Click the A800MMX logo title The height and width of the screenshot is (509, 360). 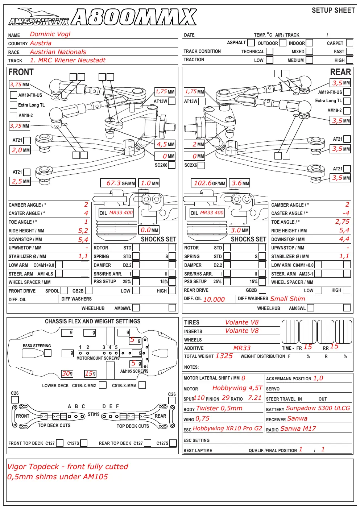[x=134, y=17]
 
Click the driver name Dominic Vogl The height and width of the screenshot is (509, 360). [x=50, y=34]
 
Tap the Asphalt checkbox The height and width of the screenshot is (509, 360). [x=251, y=42]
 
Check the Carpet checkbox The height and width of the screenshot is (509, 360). [x=349, y=43]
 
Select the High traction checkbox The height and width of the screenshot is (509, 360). [x=349, y=60]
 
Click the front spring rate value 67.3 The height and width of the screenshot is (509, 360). [x=113, y=183]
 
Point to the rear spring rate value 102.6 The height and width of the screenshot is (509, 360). [x=203, y=183]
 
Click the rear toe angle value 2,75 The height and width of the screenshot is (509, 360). [x=342, y=222]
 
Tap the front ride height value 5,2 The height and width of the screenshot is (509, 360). [x=83, y=231]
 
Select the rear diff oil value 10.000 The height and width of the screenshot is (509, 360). [x=214, y=299]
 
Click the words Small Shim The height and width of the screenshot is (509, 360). [x=287, y=299]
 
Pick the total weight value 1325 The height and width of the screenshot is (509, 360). [x=224, y=356]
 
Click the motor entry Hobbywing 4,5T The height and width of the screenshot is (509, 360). [x=237, y=388]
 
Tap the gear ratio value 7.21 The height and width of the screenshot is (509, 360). [x=255, y=398]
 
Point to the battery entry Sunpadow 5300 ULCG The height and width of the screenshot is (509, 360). [x=318, y=408]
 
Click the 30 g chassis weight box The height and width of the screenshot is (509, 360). [x=67, y=373]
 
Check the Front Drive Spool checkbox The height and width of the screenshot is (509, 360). [x=64, y=290]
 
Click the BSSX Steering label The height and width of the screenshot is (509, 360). [x=37, y=346]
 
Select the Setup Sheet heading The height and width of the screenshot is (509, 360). [x=333, y=10]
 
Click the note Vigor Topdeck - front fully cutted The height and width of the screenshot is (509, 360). [x=67, y=467]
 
